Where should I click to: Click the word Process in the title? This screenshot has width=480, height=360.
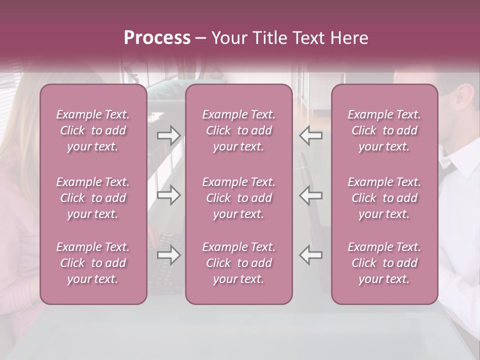pos(157,38)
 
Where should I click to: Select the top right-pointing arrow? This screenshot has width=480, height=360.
pos(169,135)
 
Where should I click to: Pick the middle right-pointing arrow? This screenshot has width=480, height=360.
pos(169,195)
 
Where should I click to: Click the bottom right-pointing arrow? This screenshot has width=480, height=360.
pos(169,255)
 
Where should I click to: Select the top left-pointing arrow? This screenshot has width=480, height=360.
pos(310,135)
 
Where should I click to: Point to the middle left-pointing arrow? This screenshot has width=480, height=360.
pos(310,195)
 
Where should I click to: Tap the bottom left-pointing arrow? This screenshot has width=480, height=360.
pos(310,255)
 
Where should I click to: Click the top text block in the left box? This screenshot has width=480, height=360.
pos(93,130)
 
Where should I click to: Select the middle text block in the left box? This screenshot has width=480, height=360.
pos(93,198)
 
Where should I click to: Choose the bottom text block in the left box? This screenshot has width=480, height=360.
pos(93,263)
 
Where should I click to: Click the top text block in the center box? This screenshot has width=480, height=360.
pos(238,130)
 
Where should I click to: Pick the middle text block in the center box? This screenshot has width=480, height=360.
pos(238,198)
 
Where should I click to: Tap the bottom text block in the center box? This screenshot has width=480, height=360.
pos(238,263)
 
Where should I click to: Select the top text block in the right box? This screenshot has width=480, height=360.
pos(384,130)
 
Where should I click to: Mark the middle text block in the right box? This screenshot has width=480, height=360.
pos(384,198)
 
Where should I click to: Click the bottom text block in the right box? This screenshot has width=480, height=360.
pos(384,263)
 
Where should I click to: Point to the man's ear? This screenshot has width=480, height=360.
pos(466,98)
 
